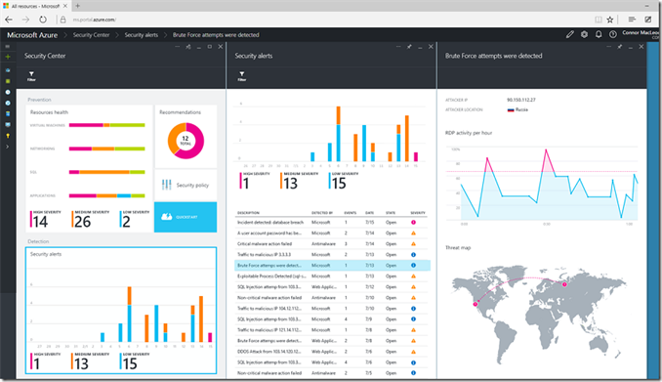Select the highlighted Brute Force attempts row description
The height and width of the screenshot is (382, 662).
[269, 265]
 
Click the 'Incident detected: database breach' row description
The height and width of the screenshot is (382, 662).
[269, 223]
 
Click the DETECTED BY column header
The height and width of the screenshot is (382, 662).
[323, 212]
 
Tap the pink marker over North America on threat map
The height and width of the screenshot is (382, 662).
[476, 307]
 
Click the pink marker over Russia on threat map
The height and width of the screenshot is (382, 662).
[565, 282]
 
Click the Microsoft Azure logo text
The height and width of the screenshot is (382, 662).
[36, 34]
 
